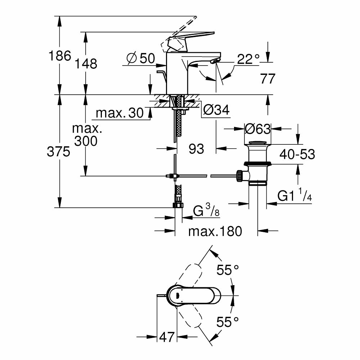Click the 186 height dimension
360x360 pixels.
pos(60,56)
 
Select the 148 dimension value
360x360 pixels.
pos(86,63)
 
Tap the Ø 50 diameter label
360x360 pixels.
pos(141,58)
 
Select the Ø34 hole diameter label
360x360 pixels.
pos(216,110)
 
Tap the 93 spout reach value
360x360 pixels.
pos(197,148)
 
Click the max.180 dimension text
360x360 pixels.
pos(215,231)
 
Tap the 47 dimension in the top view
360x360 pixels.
pos(167,337)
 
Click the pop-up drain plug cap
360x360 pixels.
pos(258,144)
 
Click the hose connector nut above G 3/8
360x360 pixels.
pos(178,205)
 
